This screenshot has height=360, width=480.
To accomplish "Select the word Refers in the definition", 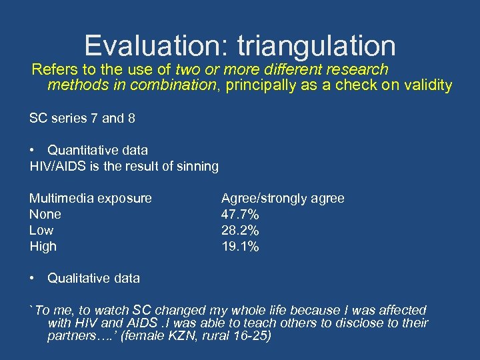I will [x=52, y=69].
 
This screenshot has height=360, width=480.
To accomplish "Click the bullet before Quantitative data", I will [x=33, y=150].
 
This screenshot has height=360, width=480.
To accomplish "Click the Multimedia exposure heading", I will [x=90, y=198].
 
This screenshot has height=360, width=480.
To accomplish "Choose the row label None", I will [x=45, y=214].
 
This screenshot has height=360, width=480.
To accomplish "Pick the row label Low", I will [x=41, y=230].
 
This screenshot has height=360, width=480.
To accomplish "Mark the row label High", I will [x=43, y=246].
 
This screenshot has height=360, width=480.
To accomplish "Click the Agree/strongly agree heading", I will [x=283, y=198].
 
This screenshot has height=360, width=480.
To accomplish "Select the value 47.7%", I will [x=240, y=214].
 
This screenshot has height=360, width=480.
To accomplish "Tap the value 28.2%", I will [x=240, y=230].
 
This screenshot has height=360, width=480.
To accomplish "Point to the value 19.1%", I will [x=240, y=246].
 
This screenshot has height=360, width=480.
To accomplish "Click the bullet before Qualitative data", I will [x=33, y=278].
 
